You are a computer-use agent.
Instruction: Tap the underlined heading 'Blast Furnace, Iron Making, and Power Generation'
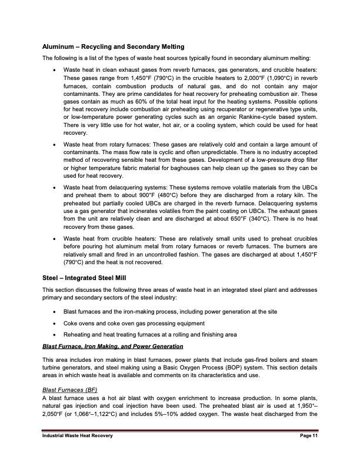pyautogui.click(x=104, y=345)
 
